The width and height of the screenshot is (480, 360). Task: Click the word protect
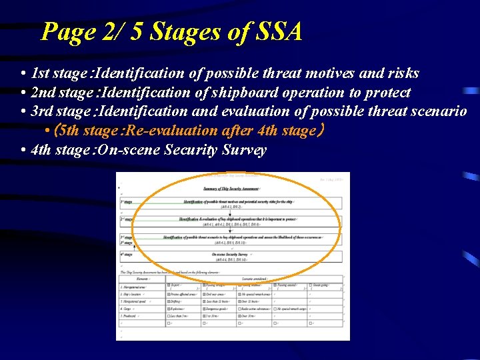pos(387,93)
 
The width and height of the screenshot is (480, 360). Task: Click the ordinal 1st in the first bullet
pos(41,73)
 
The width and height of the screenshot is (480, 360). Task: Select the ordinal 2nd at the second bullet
pos(43,93)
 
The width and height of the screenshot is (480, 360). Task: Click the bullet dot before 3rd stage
pos(23,111)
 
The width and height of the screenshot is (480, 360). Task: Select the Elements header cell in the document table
pos(141,279)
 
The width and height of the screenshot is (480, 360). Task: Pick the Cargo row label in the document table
pos(126,309)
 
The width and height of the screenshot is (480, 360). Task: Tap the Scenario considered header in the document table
pos(255,279)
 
